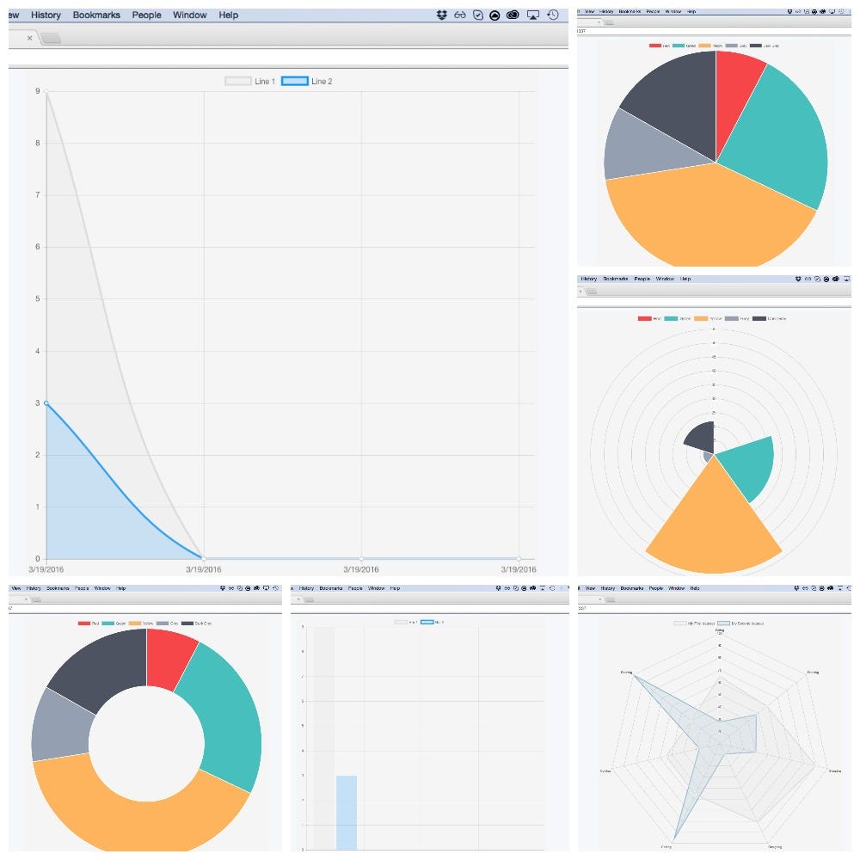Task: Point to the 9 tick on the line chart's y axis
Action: [37, 91]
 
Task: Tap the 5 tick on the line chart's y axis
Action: [37, 299]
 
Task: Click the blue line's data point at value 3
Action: [46, 402]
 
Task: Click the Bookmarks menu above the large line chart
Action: [96, 15]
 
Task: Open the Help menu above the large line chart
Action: [228, 15]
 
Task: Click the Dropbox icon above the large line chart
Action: [442, 15]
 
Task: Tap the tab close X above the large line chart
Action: [30, 38]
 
